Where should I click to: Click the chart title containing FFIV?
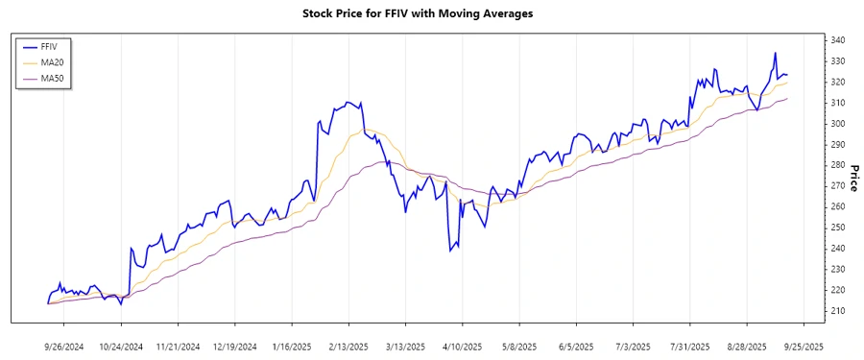point(431,14)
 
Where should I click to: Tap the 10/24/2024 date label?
point(122,346)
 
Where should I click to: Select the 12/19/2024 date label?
point(235,346)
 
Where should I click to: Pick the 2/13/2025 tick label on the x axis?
point(348,346)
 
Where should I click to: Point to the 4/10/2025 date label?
point(462,346)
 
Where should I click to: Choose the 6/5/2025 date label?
point(574,346)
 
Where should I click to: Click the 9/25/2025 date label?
point(801,346)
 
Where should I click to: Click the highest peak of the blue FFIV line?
point(775,53)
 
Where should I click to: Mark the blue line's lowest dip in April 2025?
point(449,252)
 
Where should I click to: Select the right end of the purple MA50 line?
point(788,98)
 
